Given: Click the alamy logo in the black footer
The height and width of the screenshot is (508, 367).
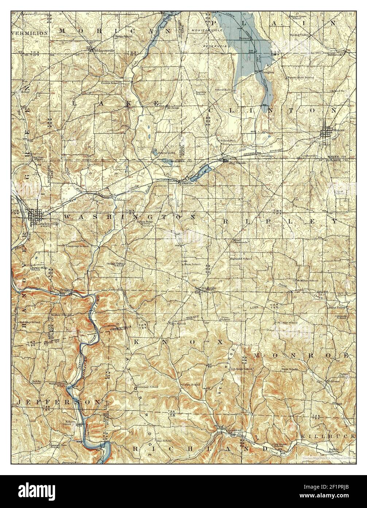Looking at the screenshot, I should pyautogui.click(x=40, y=491).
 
